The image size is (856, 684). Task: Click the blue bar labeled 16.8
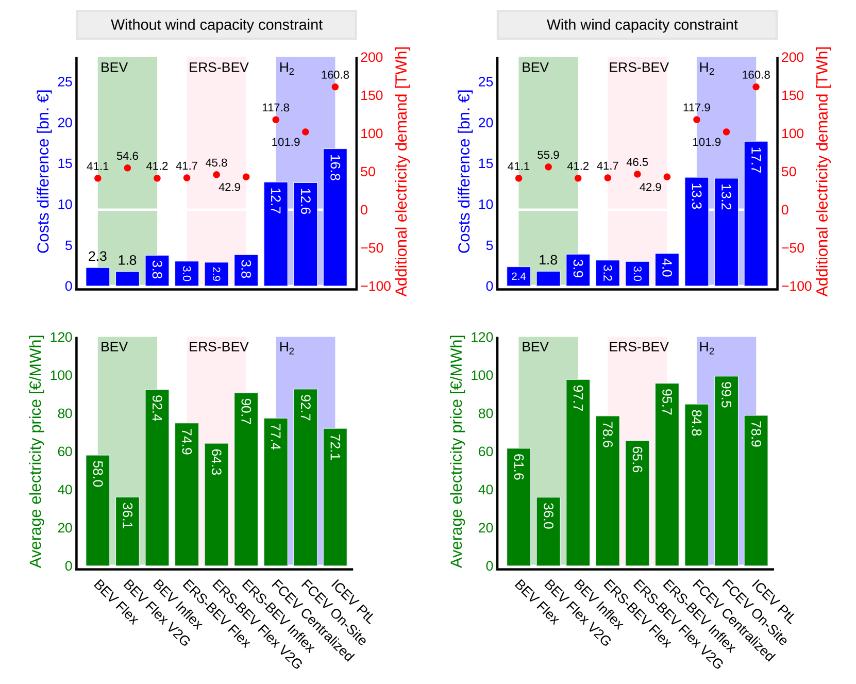pyautogui.click(x=335, y=217)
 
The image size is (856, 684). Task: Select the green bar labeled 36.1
pyautogui.click(x=127, y=531)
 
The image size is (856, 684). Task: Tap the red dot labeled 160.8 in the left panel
pyautogui.click(x=335, y=87)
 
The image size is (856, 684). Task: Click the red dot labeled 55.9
pyautogui.click(x=548, y=167)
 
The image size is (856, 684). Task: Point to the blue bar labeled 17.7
pyautogui.click(x=756, y=213)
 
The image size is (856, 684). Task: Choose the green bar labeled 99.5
pyautogui.click(x=726, y=471)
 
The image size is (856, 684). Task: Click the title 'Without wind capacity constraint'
pyautogui.click(x=216, y=25)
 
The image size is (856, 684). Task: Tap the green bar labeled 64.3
pyautogui.click(x=216, y=504)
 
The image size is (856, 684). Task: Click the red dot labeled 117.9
pyautogui.click(x=697, y=120)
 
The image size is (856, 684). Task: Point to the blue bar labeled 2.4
pyautogui.click(x=518, y=276)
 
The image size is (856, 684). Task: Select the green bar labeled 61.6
pyautogui.click(x=518, y=507)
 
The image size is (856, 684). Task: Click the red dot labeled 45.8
pyautogui.click(x=216, y=175)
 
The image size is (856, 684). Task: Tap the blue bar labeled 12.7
pyautogui.click(x=276, y=233)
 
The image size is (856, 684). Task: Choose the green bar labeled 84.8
pyautogui.click(x=697, y=485)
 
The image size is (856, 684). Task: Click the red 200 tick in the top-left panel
pyautogui.click(x=371, y=57)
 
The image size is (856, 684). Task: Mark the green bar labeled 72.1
pyautogui.click(x=335, y=497)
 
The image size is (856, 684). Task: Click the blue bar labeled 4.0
pyautogui.click(x=667, y=269)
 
